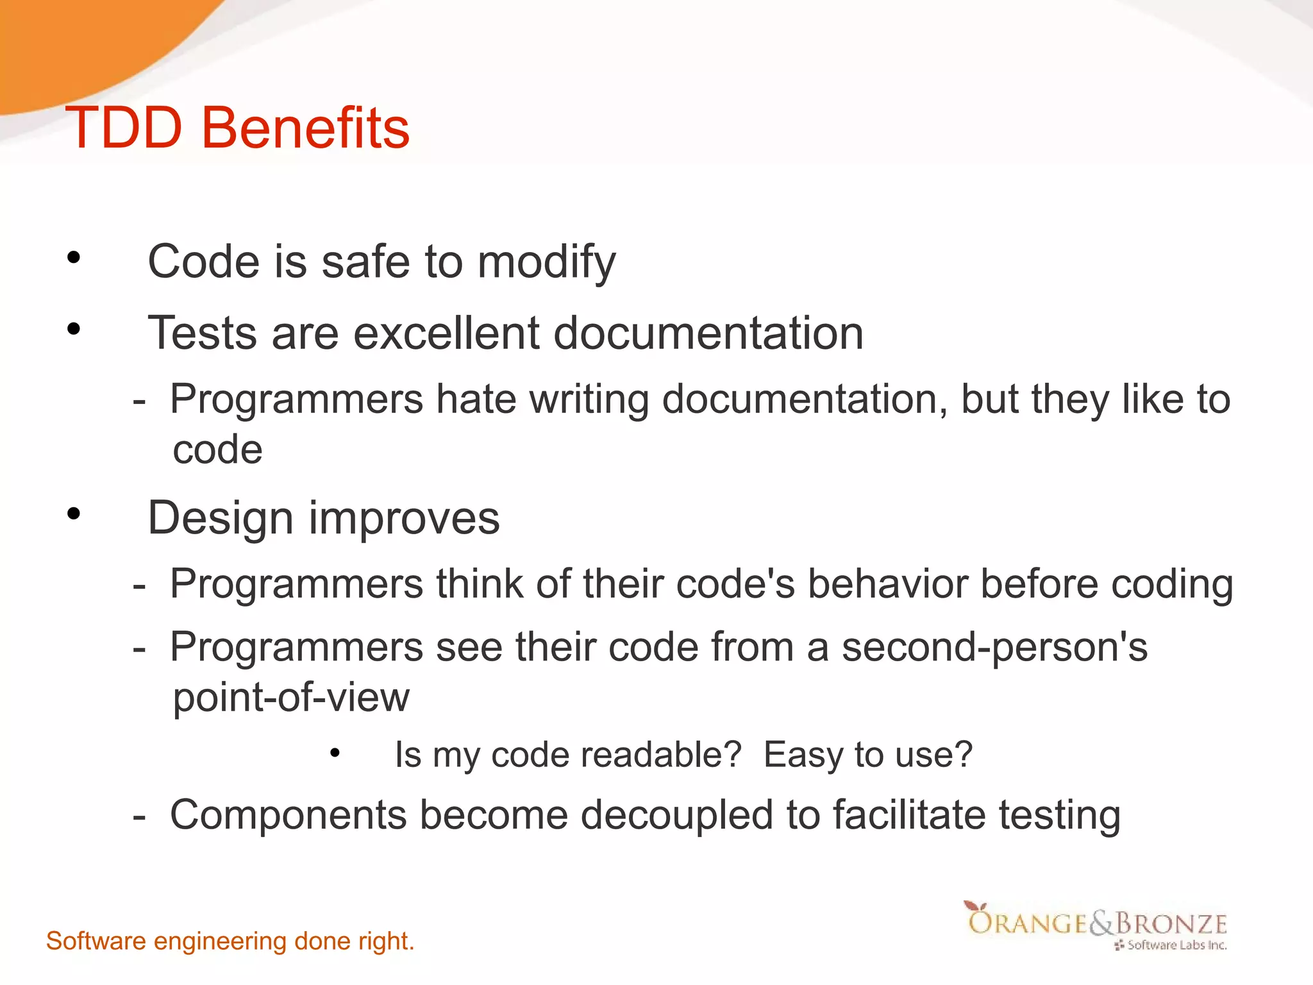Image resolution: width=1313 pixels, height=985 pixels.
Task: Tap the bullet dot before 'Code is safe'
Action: point(74,258)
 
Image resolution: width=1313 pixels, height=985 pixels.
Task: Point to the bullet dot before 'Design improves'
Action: point(74,514)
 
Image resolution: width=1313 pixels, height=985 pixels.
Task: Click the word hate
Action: point(476,400)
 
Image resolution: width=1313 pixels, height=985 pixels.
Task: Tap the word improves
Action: point(404,518)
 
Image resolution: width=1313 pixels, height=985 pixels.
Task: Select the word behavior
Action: point(887,584)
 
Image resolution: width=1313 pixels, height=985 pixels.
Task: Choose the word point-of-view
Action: point(291,698)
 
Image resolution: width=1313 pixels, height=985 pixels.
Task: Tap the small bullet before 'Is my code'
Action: point(335,753)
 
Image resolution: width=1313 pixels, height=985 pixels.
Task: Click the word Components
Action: point(289,816)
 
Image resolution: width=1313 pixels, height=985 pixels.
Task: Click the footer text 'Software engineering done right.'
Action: point(230,941)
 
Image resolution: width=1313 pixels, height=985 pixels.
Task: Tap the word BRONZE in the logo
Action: point(1171,924)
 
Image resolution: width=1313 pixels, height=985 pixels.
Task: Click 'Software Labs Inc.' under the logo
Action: point(1176,945)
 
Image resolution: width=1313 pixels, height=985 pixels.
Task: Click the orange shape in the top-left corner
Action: point(77,45)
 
